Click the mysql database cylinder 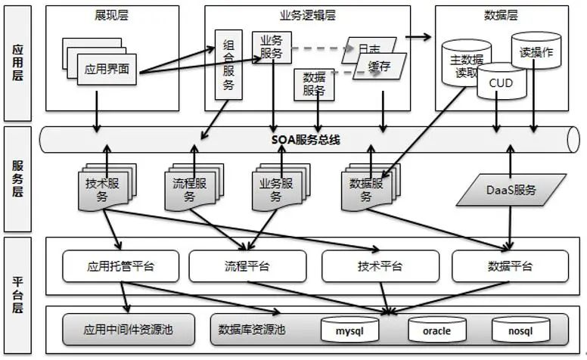tap(350, 331)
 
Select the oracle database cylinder tap(436, 331)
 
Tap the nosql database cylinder tap(520, 331)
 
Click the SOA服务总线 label tap(306, 140)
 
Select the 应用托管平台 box tap(121, 265)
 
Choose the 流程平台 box tap(246, 265)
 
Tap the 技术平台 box tap(379, 265)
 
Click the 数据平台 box tap(509, 265)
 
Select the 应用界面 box tap(107, 69)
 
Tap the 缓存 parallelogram tap(379, 67)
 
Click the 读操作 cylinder tap(536, 54)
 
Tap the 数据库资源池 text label tap(251, 330)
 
